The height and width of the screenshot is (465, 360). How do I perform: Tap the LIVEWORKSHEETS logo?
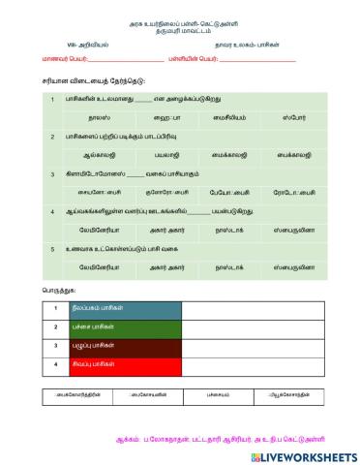(x=303, y=455)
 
